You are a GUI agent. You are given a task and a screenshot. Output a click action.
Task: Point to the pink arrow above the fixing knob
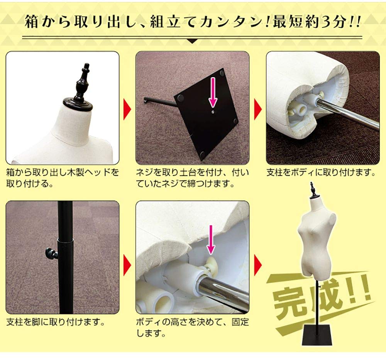[210, 240]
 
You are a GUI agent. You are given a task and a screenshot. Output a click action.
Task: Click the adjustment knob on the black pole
[51, 254]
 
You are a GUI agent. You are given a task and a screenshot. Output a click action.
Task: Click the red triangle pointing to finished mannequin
[257, 265]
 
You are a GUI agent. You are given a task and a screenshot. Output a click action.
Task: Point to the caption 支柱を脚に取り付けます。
[56, 321]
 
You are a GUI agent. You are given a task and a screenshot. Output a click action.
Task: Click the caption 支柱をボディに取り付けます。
[321, 172]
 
